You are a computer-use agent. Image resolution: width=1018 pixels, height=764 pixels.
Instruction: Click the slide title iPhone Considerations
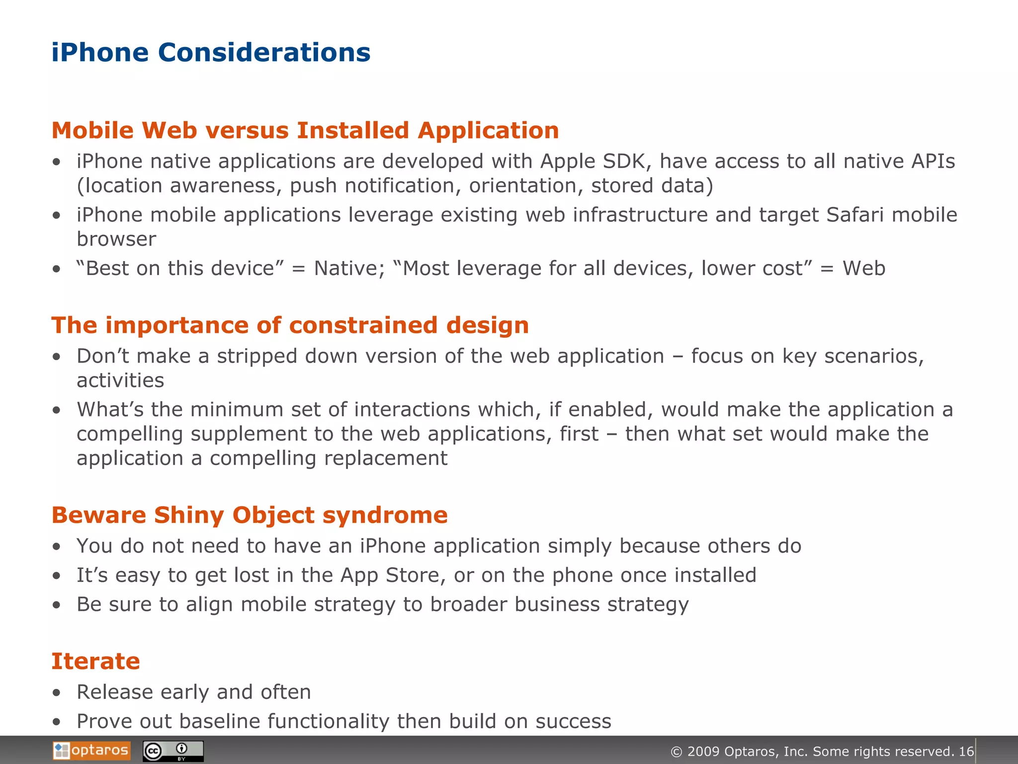coord(211,53)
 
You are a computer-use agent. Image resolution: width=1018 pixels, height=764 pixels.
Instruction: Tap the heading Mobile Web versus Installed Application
coord(305,131)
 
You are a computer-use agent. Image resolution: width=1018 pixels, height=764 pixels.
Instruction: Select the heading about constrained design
coord(290,326)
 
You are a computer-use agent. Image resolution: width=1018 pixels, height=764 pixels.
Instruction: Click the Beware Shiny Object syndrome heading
coord(250,515)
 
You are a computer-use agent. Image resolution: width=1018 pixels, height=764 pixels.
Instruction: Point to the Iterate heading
coord(96,662)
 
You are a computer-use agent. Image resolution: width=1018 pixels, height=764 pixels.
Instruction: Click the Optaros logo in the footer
coord(92,751)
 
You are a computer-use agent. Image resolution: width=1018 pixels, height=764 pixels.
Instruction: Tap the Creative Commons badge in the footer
coord(173,751)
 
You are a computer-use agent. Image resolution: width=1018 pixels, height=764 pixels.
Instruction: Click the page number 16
coord(966,752)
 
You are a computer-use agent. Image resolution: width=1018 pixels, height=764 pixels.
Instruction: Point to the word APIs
coord(933,162)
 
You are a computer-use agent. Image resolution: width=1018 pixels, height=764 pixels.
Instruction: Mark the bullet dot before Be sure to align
coord(57,605)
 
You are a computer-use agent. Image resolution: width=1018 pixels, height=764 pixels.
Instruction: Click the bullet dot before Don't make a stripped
coord(57,357)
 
